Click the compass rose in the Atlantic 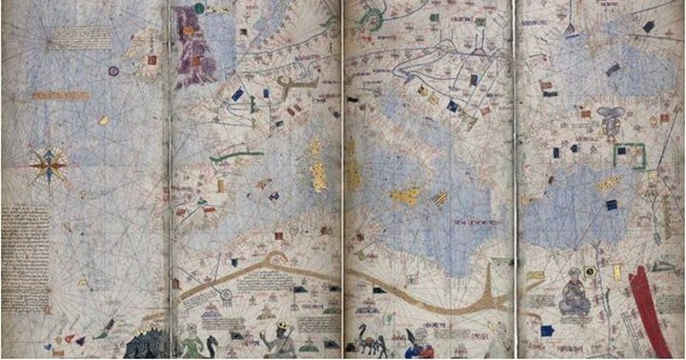tap(48, 167)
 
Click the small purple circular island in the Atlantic tap(113, 70)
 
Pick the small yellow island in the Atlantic tap(103, 121)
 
